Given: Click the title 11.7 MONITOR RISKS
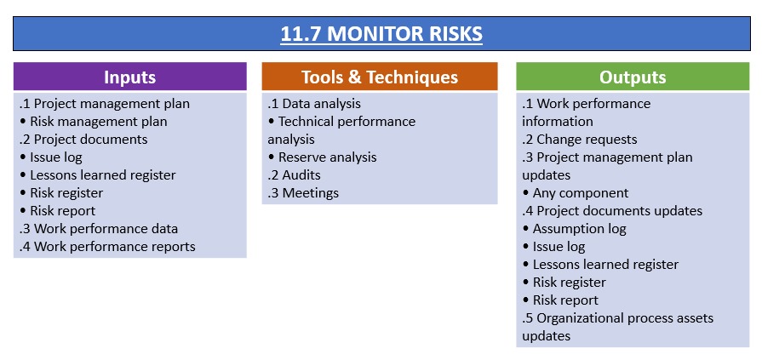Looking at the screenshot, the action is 381,34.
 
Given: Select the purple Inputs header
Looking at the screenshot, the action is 129,77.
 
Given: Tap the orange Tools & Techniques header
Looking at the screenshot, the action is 380,77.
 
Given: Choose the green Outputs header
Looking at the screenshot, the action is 633,77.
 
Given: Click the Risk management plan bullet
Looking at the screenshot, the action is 94,122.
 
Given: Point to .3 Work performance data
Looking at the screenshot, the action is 99,229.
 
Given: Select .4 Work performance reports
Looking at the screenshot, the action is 107,247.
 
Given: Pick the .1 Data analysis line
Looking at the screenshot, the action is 314,104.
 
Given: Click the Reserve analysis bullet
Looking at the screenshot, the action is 322,157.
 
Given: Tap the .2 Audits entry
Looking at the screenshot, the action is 294,175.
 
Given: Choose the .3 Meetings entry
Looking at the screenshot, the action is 303,193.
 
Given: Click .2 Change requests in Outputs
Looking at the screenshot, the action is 579,140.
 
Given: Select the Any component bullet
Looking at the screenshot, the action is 576,193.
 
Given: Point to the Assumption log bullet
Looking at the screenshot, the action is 575,229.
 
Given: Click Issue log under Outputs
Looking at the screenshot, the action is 554,247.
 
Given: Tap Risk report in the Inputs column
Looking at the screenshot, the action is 58,211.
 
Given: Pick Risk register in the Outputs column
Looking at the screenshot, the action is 564,283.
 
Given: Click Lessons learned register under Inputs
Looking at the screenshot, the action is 98,175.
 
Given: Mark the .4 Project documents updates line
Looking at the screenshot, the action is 612,211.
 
